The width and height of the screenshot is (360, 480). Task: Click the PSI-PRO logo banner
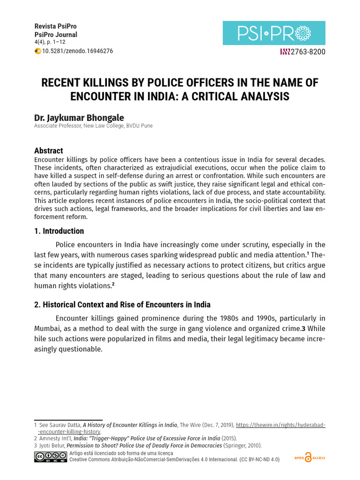(274, 33)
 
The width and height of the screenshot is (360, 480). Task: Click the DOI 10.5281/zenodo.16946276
(77, 51)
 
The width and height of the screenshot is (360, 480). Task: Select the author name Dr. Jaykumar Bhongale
(79, 117)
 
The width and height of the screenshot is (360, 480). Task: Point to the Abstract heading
(49, 150)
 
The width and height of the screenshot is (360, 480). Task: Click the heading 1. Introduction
(59, 231)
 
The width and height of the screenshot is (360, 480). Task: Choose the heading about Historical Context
(122, 305)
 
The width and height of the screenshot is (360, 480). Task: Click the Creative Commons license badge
(50, 457)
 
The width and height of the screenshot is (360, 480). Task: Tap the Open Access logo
(309, 457)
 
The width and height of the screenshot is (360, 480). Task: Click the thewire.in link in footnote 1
(280, 425)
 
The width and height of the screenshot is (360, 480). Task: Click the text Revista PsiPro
(56, 26)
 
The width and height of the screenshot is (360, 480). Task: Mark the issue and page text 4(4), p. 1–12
(50, 42)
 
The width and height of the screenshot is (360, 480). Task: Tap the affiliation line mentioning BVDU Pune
(93, 126)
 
